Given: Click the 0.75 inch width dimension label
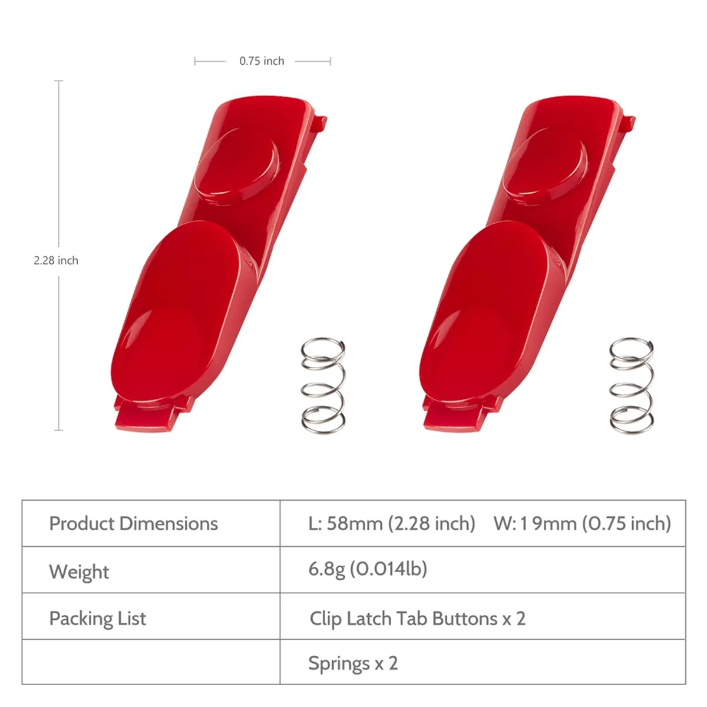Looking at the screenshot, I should coord(262,61).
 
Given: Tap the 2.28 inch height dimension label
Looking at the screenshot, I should coord(56,260).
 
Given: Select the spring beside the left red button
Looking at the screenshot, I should coord(323,385).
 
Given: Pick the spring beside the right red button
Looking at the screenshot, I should coord(631,385).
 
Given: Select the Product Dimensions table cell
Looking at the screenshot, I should coord(134,524).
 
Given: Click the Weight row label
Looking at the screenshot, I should coord(79,571).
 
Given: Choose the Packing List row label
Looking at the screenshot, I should coord(98,619).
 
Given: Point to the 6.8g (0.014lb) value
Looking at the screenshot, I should coord(368,569).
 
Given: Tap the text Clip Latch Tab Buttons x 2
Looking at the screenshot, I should coord(417,619).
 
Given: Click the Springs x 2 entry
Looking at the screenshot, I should coord(353,663).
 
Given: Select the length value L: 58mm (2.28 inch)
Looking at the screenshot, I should coord(391,524).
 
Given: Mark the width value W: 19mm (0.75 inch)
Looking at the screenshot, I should coord(582,524).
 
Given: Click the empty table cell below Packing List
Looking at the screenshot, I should coord(151,662).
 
